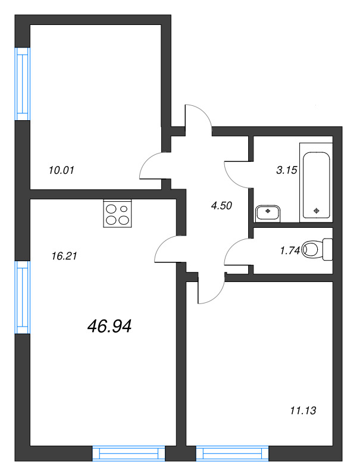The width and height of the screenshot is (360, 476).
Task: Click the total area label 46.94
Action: (109, 325)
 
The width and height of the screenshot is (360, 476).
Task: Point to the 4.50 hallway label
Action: (221, 206)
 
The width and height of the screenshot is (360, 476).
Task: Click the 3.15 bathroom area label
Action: (286, 170)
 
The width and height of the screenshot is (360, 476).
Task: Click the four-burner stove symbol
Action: (117, 214)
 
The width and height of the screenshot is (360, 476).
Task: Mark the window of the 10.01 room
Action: (22, 83)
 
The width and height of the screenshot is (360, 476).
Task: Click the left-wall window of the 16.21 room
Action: (22, 297)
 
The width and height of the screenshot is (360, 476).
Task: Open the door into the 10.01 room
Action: (154, 167)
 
